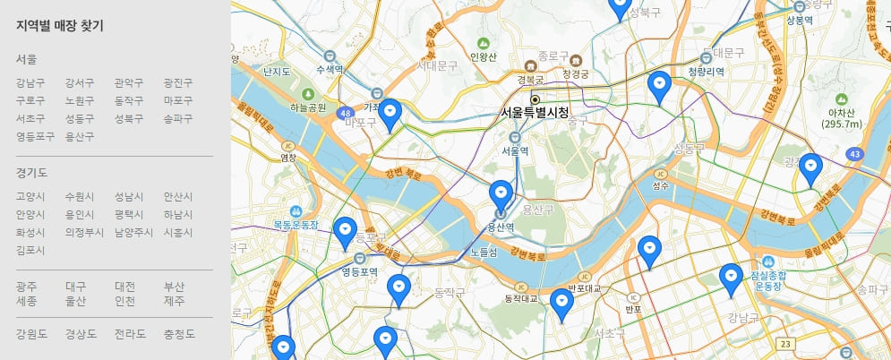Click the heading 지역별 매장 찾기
point(59,26)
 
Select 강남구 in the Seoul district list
point(30,83)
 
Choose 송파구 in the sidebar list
point(177,118)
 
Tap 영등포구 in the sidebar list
point(35,136)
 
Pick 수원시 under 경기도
point(79,196)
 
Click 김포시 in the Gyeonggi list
point(30,250)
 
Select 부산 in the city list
point(174,287)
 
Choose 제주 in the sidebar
point(174,301)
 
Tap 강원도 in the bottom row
point(30,334)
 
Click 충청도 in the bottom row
point(177,334)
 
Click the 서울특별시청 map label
point(535,113)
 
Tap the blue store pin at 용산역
point(501,196)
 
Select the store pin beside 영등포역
point(345,232)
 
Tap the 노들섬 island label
point(483,253)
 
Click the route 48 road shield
point(346,113)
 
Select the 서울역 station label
point(515,150)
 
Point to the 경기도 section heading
point(31,172)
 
